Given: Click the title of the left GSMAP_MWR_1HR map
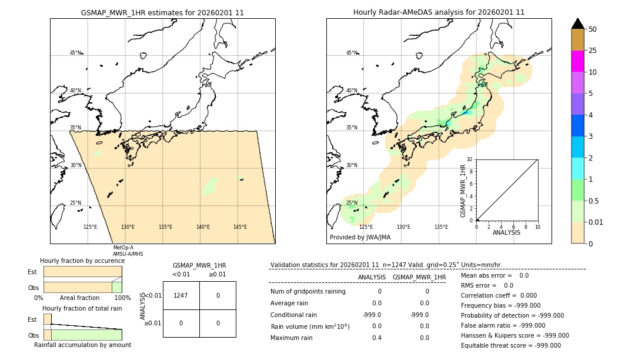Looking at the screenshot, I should tap(162, 12).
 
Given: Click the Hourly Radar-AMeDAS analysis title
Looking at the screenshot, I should tap(439, 12).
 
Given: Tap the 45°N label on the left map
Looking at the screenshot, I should tap(75, 53).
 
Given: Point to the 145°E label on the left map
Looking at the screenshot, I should tap(240, 227).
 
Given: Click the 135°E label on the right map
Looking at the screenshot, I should tap(441, 227).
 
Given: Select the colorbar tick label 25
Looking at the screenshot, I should tap(593, 51).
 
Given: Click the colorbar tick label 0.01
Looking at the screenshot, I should tap(596, 222).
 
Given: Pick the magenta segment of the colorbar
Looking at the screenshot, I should tap(577, 61).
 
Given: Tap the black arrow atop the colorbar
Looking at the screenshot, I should tap(577, 24).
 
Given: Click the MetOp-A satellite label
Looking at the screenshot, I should tap(123, 248).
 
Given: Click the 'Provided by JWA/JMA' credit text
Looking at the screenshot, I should tap(360, 237).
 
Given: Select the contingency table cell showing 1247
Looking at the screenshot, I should tap(181, 295).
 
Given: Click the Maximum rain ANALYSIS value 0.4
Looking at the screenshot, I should tap(376, 338).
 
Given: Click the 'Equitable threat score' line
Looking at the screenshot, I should tap(510, 345).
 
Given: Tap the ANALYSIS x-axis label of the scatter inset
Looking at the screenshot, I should tap(506, 233).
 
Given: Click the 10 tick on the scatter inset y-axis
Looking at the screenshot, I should tap(469, 159).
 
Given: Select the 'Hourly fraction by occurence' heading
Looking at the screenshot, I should tap(82, 261).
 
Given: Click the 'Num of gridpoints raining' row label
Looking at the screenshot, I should tap(308, 291).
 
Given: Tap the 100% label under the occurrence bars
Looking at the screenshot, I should tap(122, 298).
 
